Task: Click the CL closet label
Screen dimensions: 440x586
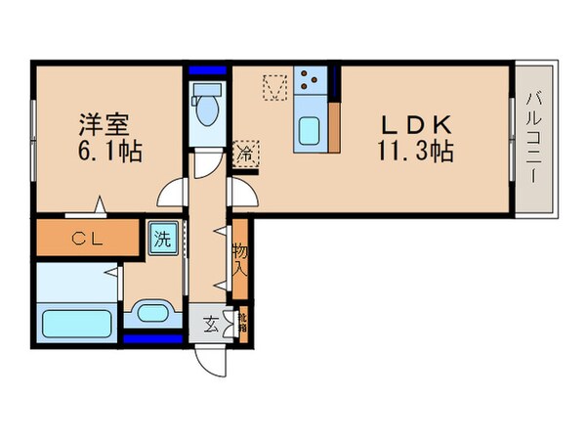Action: click(x=85, y=238)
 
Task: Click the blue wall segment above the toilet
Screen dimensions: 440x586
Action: click(x=206, y=71)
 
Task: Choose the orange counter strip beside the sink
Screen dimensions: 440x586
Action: click(x=335, y=126)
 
